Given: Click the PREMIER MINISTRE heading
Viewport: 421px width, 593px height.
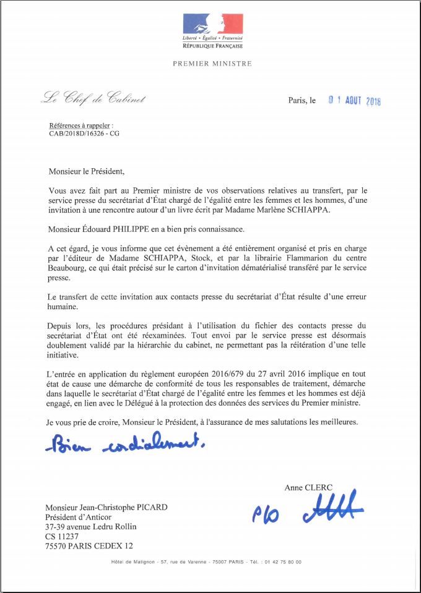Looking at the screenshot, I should point(212,63).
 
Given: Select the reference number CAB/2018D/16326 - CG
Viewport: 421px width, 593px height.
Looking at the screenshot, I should point(84,132).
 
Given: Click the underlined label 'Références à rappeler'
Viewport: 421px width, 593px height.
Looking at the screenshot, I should point(81,125).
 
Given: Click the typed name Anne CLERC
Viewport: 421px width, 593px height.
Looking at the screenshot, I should point(307,488).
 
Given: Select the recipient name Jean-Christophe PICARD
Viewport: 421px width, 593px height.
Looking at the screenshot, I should point(106,507).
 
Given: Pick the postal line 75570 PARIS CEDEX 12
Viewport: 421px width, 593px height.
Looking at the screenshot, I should point(89,546).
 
